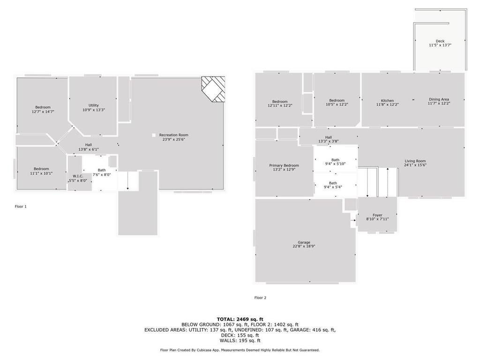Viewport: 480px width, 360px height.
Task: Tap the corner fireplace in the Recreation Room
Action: click(x=213, y=89)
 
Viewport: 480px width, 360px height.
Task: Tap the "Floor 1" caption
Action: click(x=21, y=206)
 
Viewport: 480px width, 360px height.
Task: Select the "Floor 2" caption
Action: click(x=260, y=298)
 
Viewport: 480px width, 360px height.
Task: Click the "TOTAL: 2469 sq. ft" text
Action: click(x=240, y=319)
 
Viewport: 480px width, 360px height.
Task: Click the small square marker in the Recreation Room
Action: click(x=153, y=135)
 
